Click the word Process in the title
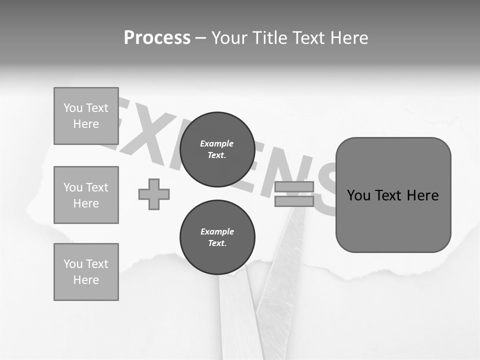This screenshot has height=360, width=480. click(157, 38)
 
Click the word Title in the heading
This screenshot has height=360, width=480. click(272, 38)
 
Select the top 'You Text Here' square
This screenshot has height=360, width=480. click(86, 116)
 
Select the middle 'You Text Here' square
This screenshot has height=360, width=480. click(86, 195)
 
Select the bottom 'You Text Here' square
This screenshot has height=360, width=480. click(86, 272)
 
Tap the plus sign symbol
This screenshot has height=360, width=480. click(154, 194)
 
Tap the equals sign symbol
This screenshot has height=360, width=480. click(294, 194)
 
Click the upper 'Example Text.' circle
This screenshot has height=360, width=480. click(217, 149)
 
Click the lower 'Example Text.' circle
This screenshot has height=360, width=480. click(217, 237)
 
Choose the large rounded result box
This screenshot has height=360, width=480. click(393, 195)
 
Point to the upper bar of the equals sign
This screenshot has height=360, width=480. click(294, 187)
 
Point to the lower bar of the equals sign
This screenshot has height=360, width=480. click(294, 201)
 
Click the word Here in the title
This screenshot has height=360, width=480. click(350, 38)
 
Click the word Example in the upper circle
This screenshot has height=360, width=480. click(217, 143)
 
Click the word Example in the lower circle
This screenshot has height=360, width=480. click(217, 231)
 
